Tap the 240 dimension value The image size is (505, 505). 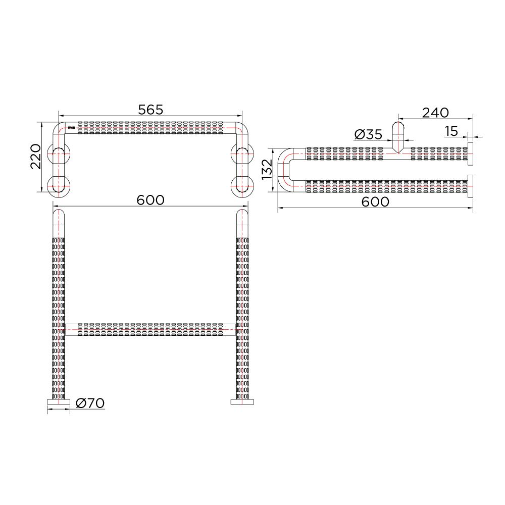[x=435, y=113]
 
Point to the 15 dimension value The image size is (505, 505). [x=451, y=131]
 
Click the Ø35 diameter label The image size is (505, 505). [x=368, y=134]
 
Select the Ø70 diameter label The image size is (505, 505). [x=90, y=403]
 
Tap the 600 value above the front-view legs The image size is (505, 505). [x=150, y=200]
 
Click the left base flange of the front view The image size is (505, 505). [x=59, y=402]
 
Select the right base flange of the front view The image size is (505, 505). [x=242, y=402]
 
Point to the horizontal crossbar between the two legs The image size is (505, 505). [x=150, y=330]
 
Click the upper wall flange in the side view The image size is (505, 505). [x=470, y=154]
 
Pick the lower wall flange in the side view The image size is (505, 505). [x=470, y=187]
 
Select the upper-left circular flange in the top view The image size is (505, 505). [x=59, y=154]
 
